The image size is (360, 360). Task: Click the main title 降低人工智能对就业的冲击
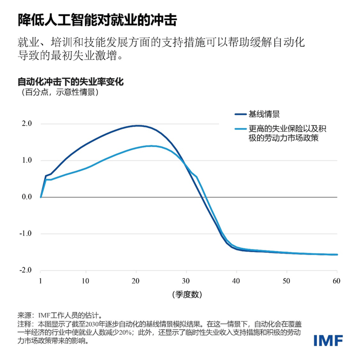pyautogui.click(x=97, y=20)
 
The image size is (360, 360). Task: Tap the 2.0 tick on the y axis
pyautogui.click(x=27, y=124)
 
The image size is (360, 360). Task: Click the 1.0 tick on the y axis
pyautogui.click(x=27, y=160)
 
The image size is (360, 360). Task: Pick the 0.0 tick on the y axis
pyautogui.click(x=27, y=197)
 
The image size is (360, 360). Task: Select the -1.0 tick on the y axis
pyautogui.click(x=26, y=233)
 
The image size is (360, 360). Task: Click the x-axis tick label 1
pyautogui.click(x=40, y=281)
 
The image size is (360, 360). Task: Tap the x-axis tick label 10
pyautogui.click(x=85, y=281)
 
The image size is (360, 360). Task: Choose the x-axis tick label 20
pyautogui.click(x=136, y=281)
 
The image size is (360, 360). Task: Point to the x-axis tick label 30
pyautogui.click(x=186, y=281)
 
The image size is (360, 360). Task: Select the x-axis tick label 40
pyautogui.click(x=237, y=281)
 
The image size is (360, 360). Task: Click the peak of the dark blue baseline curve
pyautogui.click(x=137, y=125)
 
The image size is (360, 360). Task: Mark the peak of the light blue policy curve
pyautogui.click(x=152, y=146)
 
